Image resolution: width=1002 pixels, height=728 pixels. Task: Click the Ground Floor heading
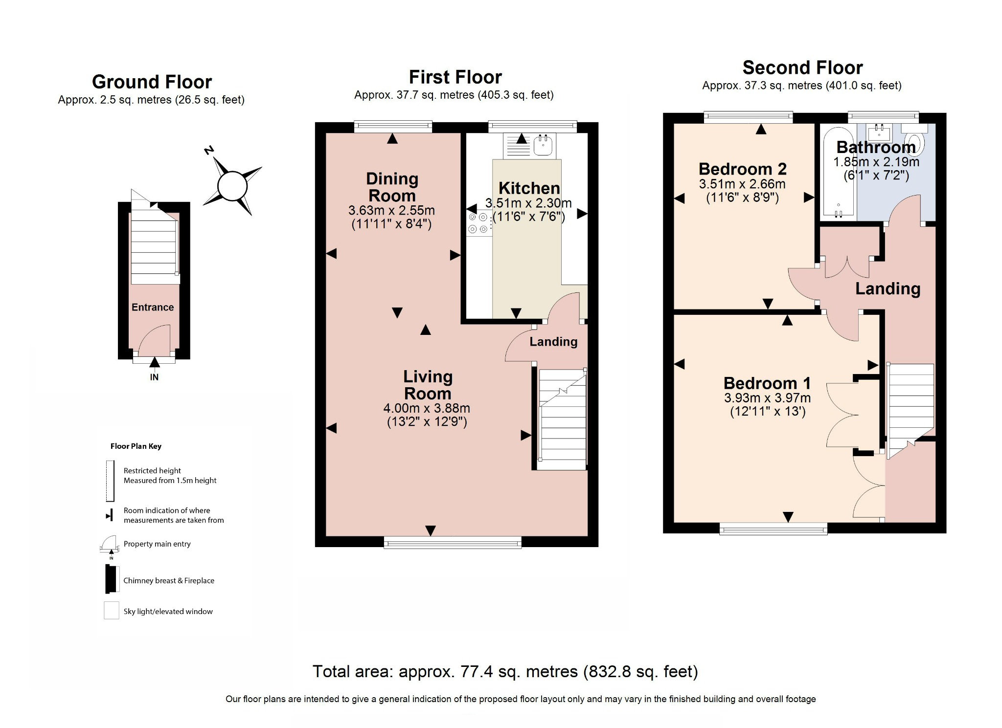pyautogui.click(x=152, y=82)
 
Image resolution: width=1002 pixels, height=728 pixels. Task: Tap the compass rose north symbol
pyautogui.click(x=232, y=185)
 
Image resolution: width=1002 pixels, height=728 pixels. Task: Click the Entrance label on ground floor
pyautogui.click(x=153, y=307)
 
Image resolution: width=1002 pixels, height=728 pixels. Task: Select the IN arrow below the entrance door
pyautogui.click(x=155, y=363)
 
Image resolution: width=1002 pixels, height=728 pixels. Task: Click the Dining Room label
pyautogui.click(x=392, y=187)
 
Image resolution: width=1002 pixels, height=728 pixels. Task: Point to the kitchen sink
pyautogui.click(x=543, y=145)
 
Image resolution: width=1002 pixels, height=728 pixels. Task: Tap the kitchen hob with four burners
pyautogui.click(x=478, y=223)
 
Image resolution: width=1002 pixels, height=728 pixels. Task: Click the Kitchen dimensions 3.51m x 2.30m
pyautogui.click(x=528, y=203)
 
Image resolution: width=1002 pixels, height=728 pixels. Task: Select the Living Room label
pyautogui.click(x=428, y=385)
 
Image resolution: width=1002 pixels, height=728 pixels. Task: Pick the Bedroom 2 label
pyautogui.click(x=742, y=169)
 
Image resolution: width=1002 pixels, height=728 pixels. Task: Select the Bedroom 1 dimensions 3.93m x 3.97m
pyautogui.click(x=767, y=398)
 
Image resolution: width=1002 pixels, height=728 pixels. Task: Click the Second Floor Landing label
pyautogui.click(x=888, y=288)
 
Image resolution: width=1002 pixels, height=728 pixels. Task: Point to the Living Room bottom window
pyautogui.click(x=453, y=542)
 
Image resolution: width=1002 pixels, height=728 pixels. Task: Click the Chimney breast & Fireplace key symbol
pyautogui.click(x=112, y=579)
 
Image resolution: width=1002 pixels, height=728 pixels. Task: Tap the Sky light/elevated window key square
pyautogui.click(x=112, y=611)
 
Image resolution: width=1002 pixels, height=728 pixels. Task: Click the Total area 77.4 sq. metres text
pyautogui.click(x=505, y=671)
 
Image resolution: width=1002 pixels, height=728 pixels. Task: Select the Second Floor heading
pyautogui.click(x=802, y=67)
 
